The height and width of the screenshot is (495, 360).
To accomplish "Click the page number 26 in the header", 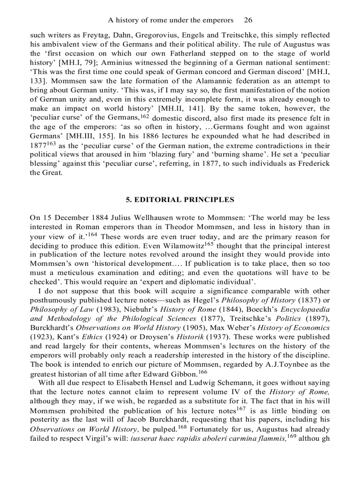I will pyautogui.click(x=248, y=20).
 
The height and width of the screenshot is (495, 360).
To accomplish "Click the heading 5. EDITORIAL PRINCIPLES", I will pyautogui.click(x=180, y=200).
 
